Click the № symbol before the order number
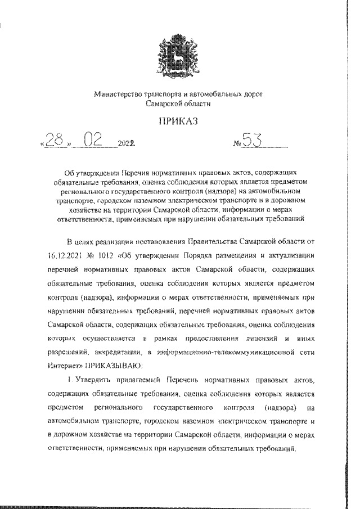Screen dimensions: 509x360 point(237,145)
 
